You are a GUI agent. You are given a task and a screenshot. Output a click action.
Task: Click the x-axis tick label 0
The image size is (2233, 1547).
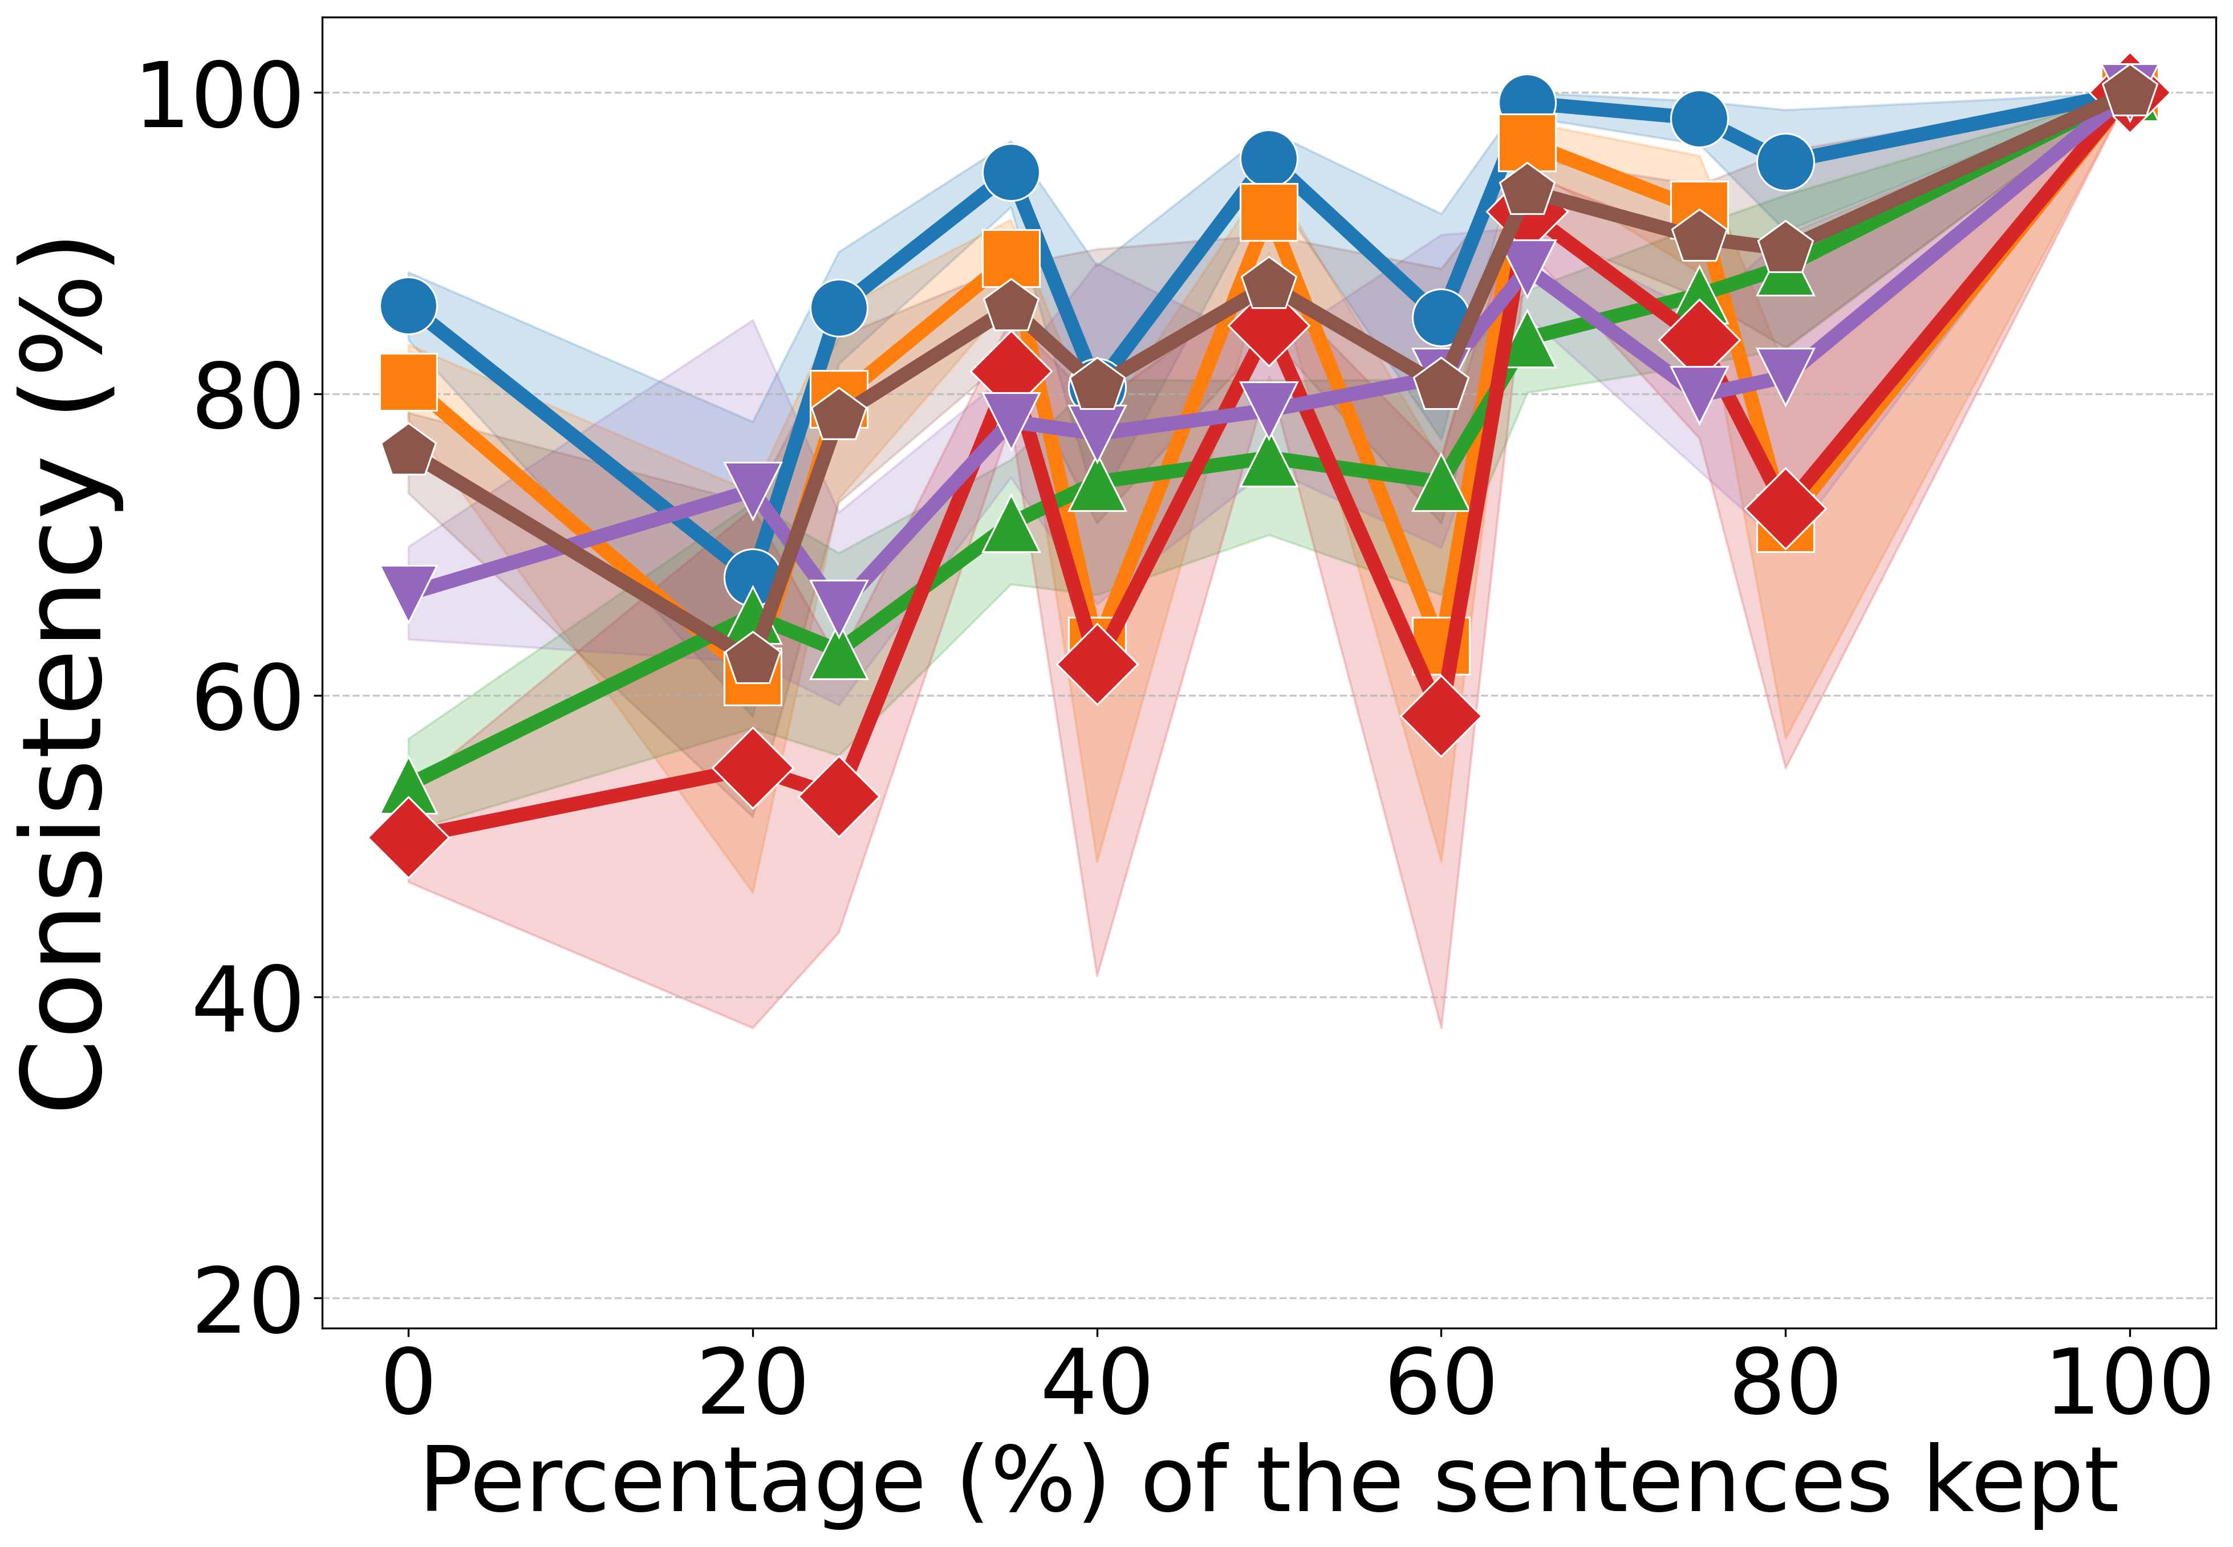[408, 1384]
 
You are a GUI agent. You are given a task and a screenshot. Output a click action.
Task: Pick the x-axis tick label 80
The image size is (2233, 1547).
[1784, 1384]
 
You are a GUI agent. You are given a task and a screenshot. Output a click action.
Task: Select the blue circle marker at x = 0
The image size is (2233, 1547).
[408, 306]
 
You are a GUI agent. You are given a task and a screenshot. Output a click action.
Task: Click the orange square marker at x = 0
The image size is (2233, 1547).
[408, 382]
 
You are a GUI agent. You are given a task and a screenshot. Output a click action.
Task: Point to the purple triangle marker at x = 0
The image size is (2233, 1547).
[408, 589]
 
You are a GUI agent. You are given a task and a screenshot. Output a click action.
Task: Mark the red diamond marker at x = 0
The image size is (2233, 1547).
[408, 837]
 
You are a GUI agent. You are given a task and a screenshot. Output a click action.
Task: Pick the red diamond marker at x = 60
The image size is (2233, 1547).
[1441, 715]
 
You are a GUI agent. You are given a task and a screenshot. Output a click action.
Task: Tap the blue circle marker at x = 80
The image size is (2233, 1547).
[1785, 162]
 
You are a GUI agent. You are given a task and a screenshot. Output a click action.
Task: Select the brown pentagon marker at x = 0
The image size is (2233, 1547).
[408, 451]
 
